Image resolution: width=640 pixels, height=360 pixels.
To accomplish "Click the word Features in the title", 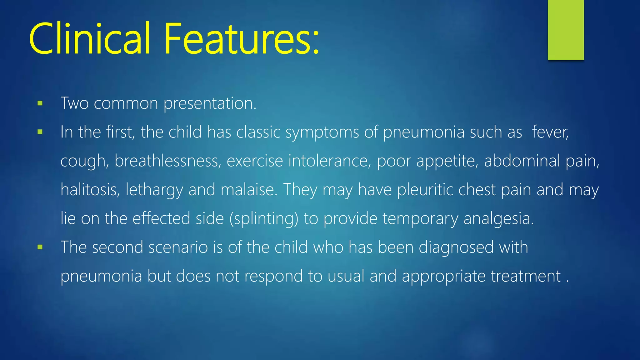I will click(237, 39).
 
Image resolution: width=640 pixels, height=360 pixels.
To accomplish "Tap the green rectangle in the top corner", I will click(566, 30).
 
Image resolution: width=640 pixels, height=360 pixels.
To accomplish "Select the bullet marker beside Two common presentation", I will click(40, 103).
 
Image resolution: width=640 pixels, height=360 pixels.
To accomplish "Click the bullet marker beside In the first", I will click(40, 132).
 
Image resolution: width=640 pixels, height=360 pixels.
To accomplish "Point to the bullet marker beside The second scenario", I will click(40, 247).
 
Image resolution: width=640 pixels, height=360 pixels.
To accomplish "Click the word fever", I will click(550, 132).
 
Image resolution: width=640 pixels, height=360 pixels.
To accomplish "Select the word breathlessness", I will click(167, 161).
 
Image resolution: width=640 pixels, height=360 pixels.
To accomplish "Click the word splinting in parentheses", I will click(264, 219).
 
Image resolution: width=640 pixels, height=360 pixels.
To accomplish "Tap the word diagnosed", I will click(456, 247).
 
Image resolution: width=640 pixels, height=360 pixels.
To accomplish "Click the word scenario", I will click(178, 247).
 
